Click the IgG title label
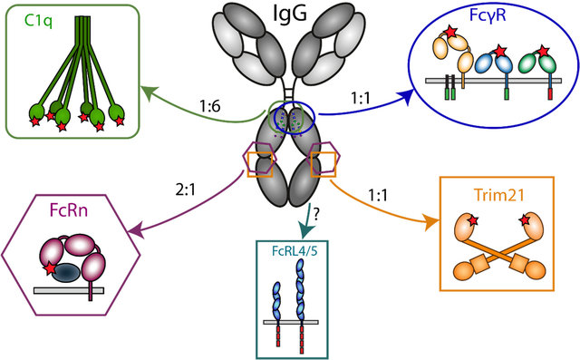290,15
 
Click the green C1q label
38,22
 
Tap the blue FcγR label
488,15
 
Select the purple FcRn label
69,210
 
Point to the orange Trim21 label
499,195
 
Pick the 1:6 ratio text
209,107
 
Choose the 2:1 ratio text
185,190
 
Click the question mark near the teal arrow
316,215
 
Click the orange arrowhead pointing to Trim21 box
432,223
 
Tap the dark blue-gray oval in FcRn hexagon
65,273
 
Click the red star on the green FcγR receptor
543,51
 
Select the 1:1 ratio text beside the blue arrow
361,99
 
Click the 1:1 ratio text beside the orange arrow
378,195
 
